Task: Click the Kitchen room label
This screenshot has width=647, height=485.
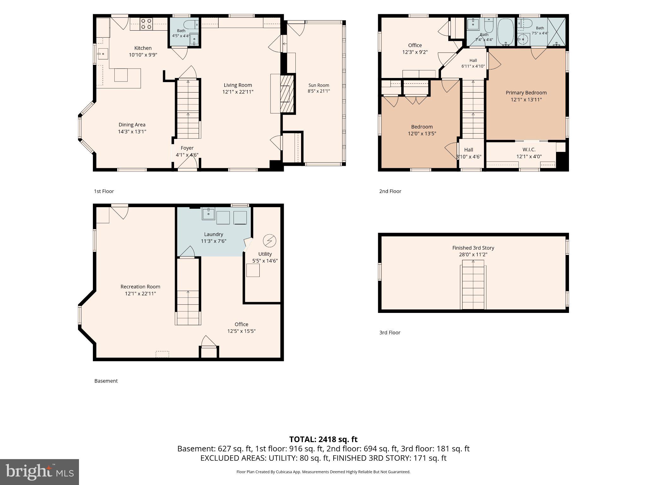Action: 143,48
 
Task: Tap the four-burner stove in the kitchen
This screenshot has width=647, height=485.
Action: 146,24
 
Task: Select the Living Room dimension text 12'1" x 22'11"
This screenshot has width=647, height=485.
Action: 238,92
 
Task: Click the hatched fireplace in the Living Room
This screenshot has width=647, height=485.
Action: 287,93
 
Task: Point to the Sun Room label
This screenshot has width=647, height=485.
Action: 319,85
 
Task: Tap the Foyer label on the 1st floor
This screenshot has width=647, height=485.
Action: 187,148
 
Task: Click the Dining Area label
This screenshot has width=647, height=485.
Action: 132,125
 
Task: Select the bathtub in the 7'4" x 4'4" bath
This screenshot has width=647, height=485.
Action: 506,32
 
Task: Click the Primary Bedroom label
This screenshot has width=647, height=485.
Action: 526,93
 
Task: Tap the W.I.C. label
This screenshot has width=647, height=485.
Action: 529,149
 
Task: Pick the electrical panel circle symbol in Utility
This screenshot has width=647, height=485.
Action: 269,241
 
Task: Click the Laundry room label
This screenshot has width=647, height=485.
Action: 214,234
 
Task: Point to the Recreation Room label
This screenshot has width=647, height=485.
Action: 140,287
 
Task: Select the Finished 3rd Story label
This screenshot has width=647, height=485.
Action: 473,248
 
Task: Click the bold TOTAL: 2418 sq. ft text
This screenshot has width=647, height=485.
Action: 323,439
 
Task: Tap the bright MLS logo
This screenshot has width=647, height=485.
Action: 39,472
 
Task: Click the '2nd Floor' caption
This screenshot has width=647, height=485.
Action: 390,191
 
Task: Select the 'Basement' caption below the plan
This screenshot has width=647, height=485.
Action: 106,381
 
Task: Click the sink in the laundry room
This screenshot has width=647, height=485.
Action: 209,214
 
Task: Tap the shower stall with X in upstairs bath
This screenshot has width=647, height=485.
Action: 556,32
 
